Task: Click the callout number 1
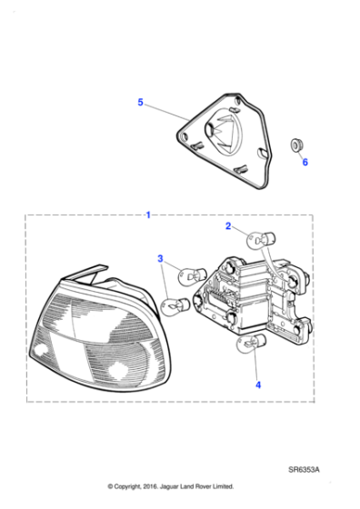(x=149, y=215)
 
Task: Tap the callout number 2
(x=229, y=226)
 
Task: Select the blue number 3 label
(x=160, y=259)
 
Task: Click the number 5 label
(x=140, y=103)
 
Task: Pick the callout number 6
(x=305, y=163)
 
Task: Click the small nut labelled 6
(x=296, y=145)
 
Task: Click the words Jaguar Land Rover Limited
(x=202, y=486)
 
